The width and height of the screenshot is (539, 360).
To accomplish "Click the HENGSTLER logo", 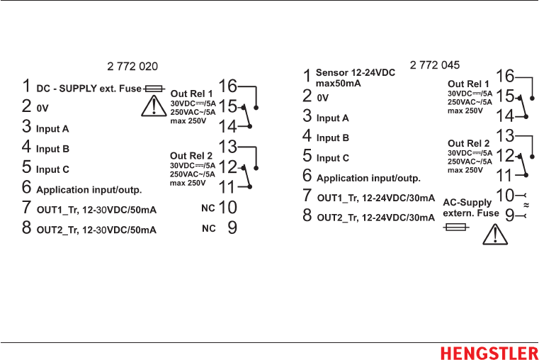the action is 489,353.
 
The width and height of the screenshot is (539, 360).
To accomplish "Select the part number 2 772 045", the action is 435,65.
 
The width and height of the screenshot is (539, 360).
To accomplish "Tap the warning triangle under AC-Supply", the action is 495,234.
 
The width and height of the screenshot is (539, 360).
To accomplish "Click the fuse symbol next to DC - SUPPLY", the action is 154,89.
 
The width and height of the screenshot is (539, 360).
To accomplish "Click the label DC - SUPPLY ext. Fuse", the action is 89,89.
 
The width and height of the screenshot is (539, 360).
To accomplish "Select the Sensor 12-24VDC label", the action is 355,73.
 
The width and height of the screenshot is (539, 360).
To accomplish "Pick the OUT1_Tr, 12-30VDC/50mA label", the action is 96,210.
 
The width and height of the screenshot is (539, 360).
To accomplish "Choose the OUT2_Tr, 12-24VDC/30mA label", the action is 375,218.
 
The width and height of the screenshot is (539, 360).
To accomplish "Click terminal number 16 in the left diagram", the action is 227,86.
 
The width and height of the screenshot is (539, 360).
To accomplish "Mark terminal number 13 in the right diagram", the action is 505,135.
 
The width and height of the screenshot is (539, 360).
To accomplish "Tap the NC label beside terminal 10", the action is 208,208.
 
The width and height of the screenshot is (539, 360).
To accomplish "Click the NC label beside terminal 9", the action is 208,228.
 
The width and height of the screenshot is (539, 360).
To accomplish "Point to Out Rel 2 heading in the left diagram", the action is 191,156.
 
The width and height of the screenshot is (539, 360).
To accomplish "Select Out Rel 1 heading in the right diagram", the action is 468,84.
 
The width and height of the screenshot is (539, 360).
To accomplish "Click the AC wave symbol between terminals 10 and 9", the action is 526,204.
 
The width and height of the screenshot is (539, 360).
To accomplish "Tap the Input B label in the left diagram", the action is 52,150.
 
